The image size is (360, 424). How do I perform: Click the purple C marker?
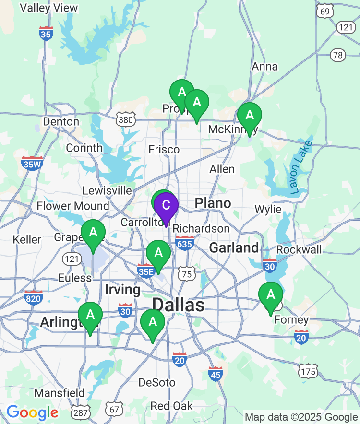point(166,206)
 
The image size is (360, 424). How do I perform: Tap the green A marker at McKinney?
point(250,116)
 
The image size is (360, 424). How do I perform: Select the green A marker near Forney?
point(271,294)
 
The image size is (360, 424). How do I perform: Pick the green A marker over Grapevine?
point(93,233)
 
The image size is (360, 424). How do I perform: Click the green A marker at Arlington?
point(90,315)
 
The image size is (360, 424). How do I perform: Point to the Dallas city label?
point(178,305)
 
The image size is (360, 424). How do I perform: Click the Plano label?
point(213,203)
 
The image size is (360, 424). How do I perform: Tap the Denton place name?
point(61,121)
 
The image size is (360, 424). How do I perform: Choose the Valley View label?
point(49,8)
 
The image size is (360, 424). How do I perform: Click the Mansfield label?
point(60,393)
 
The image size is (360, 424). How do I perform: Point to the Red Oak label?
point(171,406)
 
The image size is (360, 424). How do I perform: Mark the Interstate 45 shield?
point(216,374)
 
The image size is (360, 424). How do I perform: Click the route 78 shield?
point(337,55)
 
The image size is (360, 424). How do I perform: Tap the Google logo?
point(32,412)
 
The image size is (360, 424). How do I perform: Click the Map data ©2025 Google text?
point(301,417)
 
